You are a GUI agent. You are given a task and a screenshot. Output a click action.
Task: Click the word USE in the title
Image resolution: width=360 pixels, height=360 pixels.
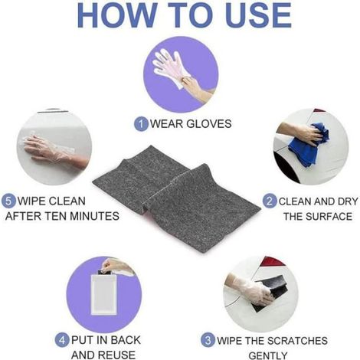pos(258,15)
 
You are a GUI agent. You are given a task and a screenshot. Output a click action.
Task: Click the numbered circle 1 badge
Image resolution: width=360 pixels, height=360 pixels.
pos(141,124)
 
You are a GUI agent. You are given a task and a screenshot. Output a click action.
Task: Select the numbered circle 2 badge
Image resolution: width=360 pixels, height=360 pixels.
pos(270,201)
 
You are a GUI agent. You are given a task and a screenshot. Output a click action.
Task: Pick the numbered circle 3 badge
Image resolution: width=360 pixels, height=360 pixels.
pos(208,340)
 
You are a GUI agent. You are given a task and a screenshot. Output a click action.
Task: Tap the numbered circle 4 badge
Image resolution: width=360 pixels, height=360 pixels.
pos(62,340)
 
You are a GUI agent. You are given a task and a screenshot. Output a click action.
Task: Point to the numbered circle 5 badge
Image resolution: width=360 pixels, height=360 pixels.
pos(8,201)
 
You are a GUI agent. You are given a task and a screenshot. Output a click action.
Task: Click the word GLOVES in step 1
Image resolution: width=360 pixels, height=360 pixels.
pos(209,124)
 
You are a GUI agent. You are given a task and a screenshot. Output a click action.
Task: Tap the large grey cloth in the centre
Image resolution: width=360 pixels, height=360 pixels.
pos(176,199)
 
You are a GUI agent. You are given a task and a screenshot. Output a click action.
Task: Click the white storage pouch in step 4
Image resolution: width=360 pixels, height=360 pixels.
pos(103,295)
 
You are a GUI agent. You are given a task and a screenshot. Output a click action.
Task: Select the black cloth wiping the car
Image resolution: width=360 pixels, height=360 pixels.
pos(270,293)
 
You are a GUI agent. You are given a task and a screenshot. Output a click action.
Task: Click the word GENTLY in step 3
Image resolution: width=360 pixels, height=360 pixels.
pos(268,355)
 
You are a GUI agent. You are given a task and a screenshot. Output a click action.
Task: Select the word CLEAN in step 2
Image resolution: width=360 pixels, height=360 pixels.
pos(295,201)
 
